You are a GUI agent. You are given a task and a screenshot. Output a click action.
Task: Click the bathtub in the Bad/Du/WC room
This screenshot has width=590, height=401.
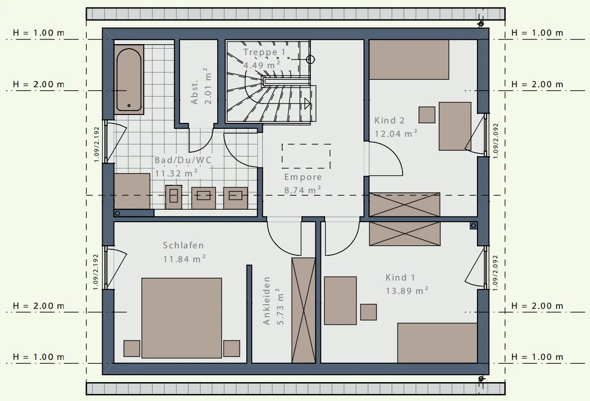(129, 80)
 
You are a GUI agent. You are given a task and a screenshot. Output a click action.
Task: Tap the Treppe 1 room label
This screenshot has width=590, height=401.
(265, 52)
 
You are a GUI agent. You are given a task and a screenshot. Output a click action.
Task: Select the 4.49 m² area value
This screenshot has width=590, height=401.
(262, 65)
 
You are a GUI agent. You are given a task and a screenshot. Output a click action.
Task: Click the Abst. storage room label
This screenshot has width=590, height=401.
(194, 92)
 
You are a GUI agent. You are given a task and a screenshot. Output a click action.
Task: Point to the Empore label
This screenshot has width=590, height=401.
(303, 177)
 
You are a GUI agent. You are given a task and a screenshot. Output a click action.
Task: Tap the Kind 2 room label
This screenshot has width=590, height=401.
(389, 121)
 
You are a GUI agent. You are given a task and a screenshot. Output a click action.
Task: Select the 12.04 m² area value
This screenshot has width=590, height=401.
(396, 133)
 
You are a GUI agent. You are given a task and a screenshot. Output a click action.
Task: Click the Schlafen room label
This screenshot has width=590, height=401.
(183, 245)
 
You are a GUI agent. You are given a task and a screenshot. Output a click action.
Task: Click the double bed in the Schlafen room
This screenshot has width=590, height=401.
(181, 318)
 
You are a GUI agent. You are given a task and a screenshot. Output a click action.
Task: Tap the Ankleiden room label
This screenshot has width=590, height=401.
(267, 301)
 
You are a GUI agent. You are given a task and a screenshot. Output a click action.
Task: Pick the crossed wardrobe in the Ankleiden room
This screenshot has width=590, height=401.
(303, 310)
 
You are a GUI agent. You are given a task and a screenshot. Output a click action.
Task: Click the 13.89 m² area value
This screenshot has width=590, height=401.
(407, 291)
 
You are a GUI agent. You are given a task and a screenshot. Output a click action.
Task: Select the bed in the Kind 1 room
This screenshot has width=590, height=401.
(437, 343)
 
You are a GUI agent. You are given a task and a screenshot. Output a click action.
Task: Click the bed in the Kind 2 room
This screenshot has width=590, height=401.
(409, 59)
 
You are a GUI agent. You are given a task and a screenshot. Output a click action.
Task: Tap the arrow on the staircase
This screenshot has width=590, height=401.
(287, 103)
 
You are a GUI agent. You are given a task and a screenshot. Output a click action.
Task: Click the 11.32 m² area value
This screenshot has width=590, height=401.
(177, 173)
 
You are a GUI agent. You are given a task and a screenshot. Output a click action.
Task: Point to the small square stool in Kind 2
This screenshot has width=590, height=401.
(427, 115)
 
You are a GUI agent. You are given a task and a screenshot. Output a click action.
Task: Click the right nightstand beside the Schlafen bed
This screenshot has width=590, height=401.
(232, 348)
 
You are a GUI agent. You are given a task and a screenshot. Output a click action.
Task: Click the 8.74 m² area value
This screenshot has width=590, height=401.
(303, 190)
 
